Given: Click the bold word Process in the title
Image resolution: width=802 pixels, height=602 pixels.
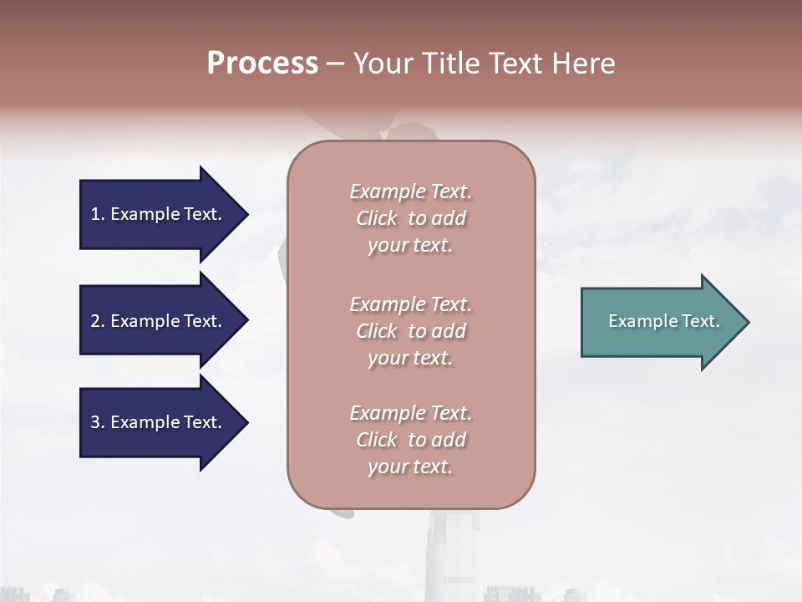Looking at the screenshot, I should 262,64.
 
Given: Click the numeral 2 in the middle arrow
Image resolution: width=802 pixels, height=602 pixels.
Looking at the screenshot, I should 95,321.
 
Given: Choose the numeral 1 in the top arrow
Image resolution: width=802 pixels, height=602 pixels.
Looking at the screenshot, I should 95,214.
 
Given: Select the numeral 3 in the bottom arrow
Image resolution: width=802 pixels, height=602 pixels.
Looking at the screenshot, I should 95,422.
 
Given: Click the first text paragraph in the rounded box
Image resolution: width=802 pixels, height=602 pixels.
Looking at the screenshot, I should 410,218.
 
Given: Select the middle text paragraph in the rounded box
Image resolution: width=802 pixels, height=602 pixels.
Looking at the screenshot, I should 410,331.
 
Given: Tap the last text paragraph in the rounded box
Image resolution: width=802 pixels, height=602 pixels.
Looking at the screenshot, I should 410,440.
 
